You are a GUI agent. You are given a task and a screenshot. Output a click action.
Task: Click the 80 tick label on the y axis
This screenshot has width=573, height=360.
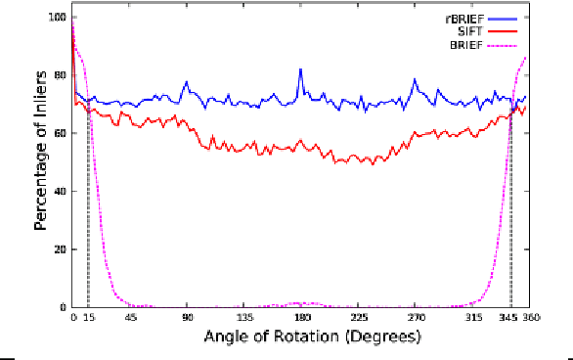click(60, 75)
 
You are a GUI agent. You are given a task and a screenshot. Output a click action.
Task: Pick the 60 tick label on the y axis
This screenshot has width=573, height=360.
click(60, 133)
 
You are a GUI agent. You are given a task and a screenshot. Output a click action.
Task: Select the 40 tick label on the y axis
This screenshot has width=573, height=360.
click(60, 191)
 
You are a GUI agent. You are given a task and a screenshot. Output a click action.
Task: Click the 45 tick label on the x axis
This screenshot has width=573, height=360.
click(130, 318)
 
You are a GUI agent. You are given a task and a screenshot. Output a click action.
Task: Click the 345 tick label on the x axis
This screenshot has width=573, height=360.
click(509, 318)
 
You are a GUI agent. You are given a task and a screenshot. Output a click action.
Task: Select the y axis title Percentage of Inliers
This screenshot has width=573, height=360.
click(41, 162)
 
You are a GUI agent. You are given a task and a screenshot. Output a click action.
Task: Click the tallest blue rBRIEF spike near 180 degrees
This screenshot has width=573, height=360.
click(301, 69)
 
